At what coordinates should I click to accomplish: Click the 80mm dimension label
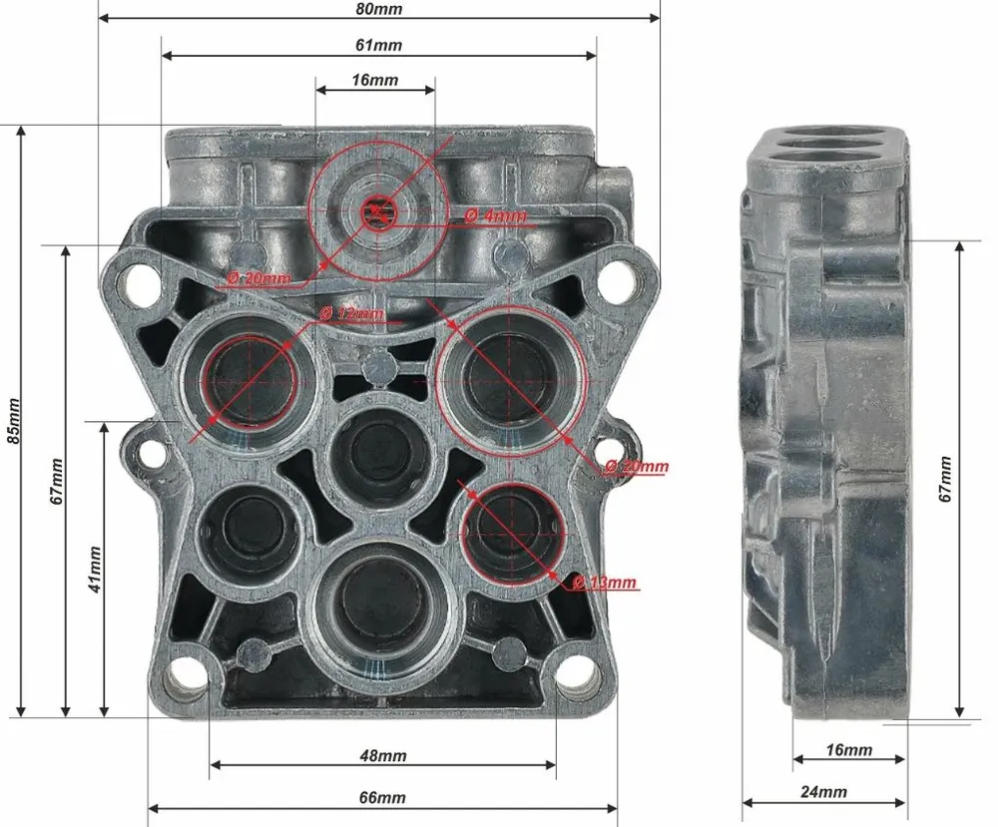(378, 9)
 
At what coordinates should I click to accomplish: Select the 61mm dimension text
(378, 45)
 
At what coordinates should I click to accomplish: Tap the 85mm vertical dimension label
(14, 421)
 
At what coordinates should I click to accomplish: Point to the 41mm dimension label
(95, 570)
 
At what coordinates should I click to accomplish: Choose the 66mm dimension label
(383, 797)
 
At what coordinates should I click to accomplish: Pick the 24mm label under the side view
(823, 792)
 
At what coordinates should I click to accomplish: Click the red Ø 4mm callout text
(496, 215)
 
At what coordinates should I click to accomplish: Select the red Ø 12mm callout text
(351, 313)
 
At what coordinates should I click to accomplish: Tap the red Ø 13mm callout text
(604, 582)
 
